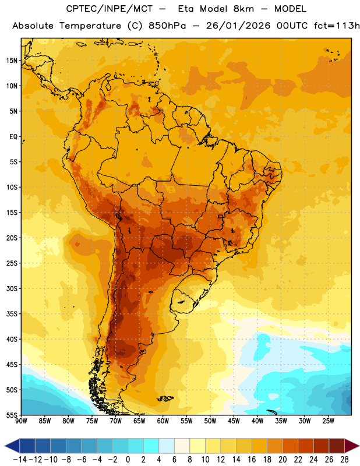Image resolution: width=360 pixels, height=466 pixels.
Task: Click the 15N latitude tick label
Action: [x=12, y=61]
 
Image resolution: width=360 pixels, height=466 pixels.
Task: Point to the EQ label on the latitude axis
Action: [x=13, y=137]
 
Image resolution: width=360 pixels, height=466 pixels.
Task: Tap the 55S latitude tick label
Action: [x=12, y=415]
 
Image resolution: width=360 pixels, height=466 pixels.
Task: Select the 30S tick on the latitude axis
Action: [x=12, y=288]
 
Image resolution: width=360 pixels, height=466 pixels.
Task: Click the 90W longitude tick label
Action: [x=21, y=421]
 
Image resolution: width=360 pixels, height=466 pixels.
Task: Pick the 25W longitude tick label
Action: [x=328, y=421]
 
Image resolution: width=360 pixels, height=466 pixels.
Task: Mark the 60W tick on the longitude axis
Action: [x=163, y=421]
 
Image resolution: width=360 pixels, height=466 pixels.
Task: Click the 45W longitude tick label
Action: [x=234, y=421]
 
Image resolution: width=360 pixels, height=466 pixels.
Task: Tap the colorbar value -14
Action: [x=20, y=460]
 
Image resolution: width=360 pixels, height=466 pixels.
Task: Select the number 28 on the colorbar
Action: [x=344, y=460]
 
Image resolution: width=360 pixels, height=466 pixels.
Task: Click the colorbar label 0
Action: [x=128, y=460]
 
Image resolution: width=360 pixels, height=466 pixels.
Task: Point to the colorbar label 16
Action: [x=252, y=460]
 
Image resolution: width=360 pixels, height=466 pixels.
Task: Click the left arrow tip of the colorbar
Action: [x=5, y=446]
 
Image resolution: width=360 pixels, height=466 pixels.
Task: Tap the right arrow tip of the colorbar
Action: [x=359, y=446]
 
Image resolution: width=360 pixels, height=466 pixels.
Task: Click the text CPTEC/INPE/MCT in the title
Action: [x=110, y=9]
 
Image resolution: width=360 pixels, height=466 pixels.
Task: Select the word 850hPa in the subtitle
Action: [x=167, y=26]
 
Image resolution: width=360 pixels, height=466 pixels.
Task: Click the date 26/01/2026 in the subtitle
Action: [x=238, y=26]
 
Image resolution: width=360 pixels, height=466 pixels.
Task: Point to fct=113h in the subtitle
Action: [x=337, y=26]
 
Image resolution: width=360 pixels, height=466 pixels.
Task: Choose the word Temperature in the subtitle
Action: [x=90, y=26]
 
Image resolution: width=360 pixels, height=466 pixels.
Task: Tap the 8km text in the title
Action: [x=243, y=9]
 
